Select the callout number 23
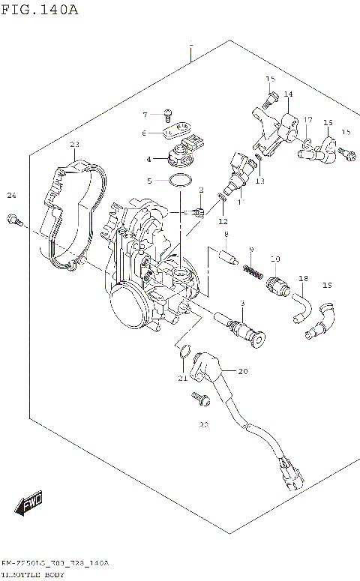pos(74,144)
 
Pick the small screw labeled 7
pos(169,114)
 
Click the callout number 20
pos(241,371)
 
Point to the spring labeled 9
pos(254,266)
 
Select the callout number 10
pos(275,259)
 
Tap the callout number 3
pos(241,302)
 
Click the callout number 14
pos(288,94)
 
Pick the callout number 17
pos(307,120)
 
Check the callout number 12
pos(223,221)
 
